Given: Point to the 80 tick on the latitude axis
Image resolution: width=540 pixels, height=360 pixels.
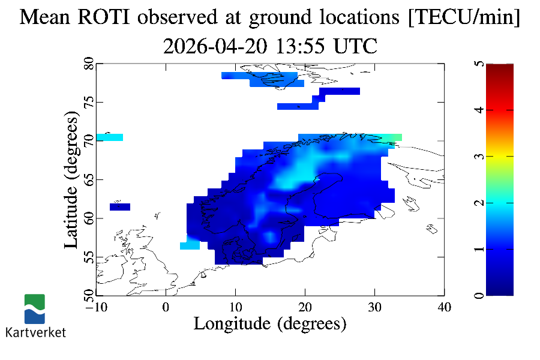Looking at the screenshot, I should [88, 63].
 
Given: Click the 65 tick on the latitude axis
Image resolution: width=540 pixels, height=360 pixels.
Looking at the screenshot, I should [88, 179].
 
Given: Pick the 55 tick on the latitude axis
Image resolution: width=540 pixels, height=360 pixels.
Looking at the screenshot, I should [88, 257].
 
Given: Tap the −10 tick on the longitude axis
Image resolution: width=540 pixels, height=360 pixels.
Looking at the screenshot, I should [95, 307].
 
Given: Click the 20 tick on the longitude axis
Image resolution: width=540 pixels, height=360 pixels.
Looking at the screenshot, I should [305, 307].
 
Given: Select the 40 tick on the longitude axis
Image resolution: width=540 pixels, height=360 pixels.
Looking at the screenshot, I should [444, 307].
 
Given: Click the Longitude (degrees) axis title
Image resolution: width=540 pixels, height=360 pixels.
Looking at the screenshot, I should [270, 324].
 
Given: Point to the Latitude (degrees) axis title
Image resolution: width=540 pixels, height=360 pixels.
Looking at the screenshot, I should [71, 180].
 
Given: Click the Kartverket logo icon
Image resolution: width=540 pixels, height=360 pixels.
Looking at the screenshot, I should [34, 309].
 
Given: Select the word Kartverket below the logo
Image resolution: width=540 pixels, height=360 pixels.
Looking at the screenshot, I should [35, 332].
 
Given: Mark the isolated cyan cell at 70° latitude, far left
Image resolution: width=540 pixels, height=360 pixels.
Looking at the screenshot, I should [109, 137].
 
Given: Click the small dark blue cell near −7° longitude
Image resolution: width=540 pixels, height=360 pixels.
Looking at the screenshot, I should [120, 207].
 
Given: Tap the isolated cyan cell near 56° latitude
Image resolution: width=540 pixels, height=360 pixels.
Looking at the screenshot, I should [190, 245].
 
